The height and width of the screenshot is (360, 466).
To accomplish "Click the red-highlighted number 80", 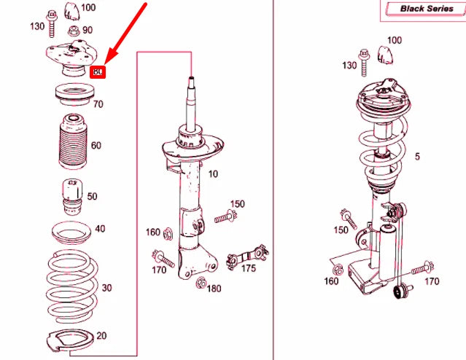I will tap(98, 71).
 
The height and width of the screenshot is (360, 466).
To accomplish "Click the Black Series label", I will tap(427, 9).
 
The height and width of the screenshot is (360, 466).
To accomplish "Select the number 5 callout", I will tap(417, 157).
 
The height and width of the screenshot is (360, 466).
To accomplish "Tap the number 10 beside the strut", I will tap(213, 174).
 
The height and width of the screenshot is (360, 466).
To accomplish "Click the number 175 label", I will tap(249, 269).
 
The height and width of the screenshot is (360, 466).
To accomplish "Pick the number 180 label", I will tap(213, 289).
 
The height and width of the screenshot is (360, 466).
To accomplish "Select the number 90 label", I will tap(87, 30).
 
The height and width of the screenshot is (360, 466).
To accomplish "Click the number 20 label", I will tap(101, 335).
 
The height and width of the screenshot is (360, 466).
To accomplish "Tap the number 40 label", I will tap(100, 229).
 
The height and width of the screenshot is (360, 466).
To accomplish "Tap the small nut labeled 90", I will tap(73, 31).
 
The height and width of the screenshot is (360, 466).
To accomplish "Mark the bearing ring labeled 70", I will tap(72, 94).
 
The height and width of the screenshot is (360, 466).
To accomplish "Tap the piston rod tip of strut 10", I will tap(191, 79).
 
